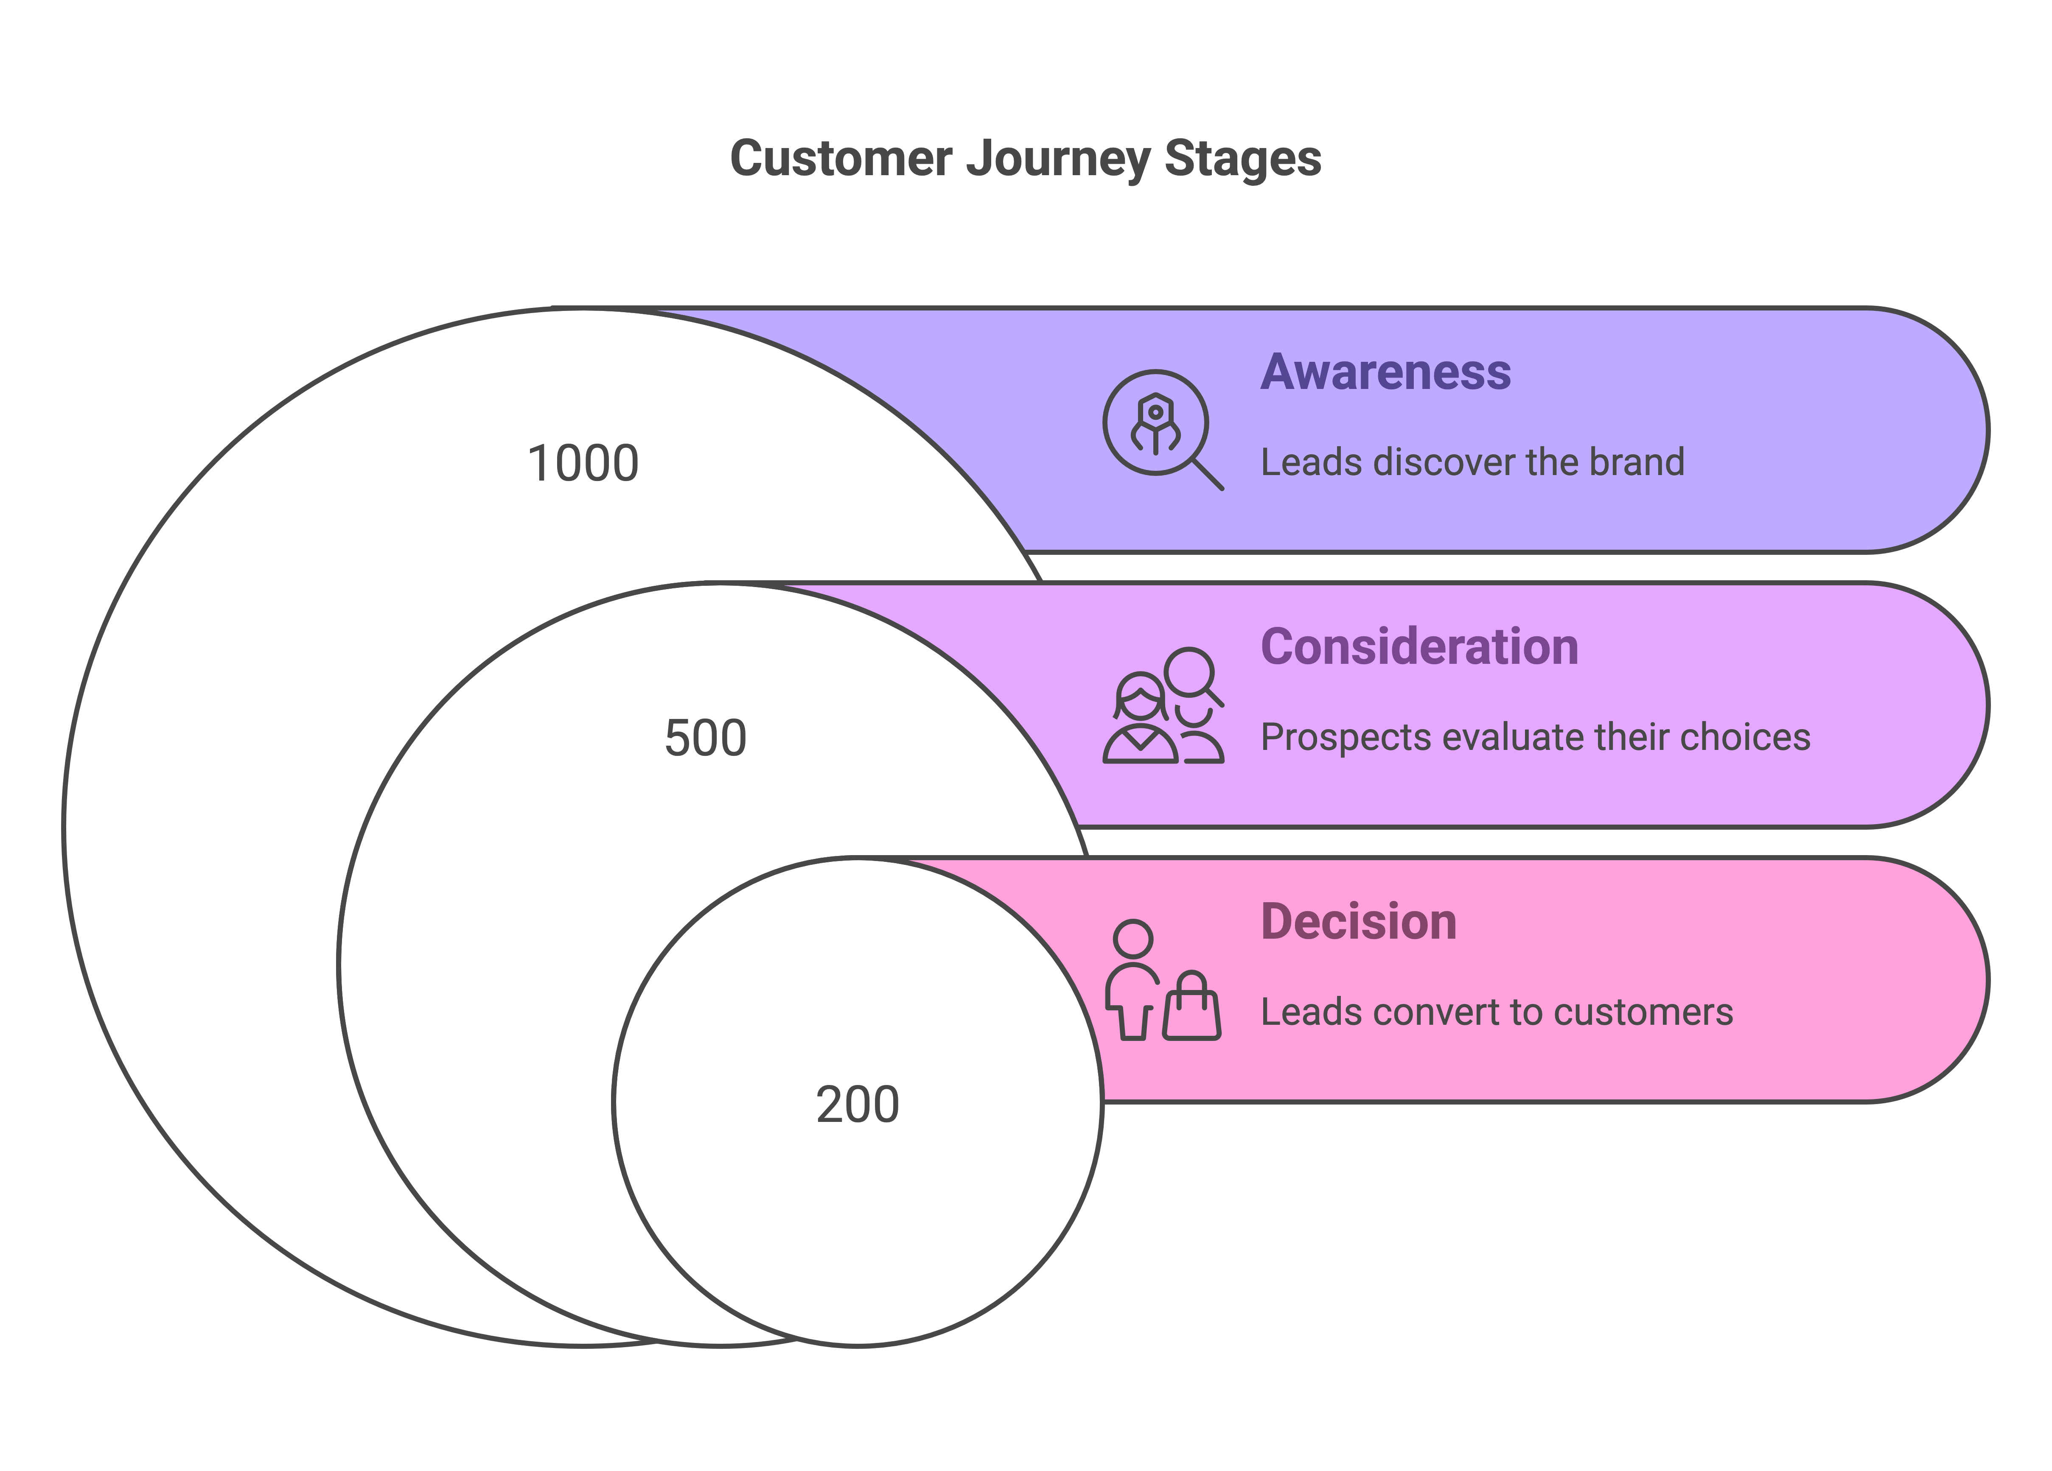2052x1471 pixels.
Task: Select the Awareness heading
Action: (1385, 372)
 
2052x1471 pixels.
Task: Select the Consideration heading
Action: (1418, 647)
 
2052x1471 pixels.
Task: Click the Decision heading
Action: (1358, 922)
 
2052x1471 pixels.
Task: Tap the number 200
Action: (857, 1105)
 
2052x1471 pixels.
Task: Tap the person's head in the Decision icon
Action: (1133, 938)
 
